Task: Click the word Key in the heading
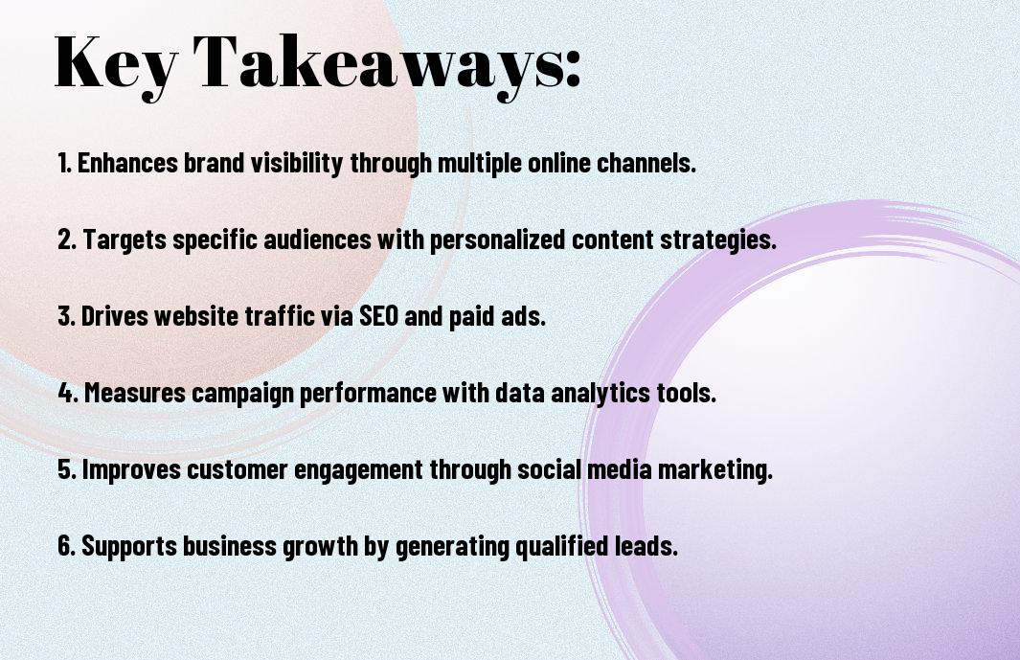[116, 63]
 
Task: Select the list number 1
[64, 163]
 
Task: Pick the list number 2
[66, 239]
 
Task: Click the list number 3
[66, 316]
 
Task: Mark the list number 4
[68, 393]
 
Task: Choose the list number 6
[66, 546]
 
